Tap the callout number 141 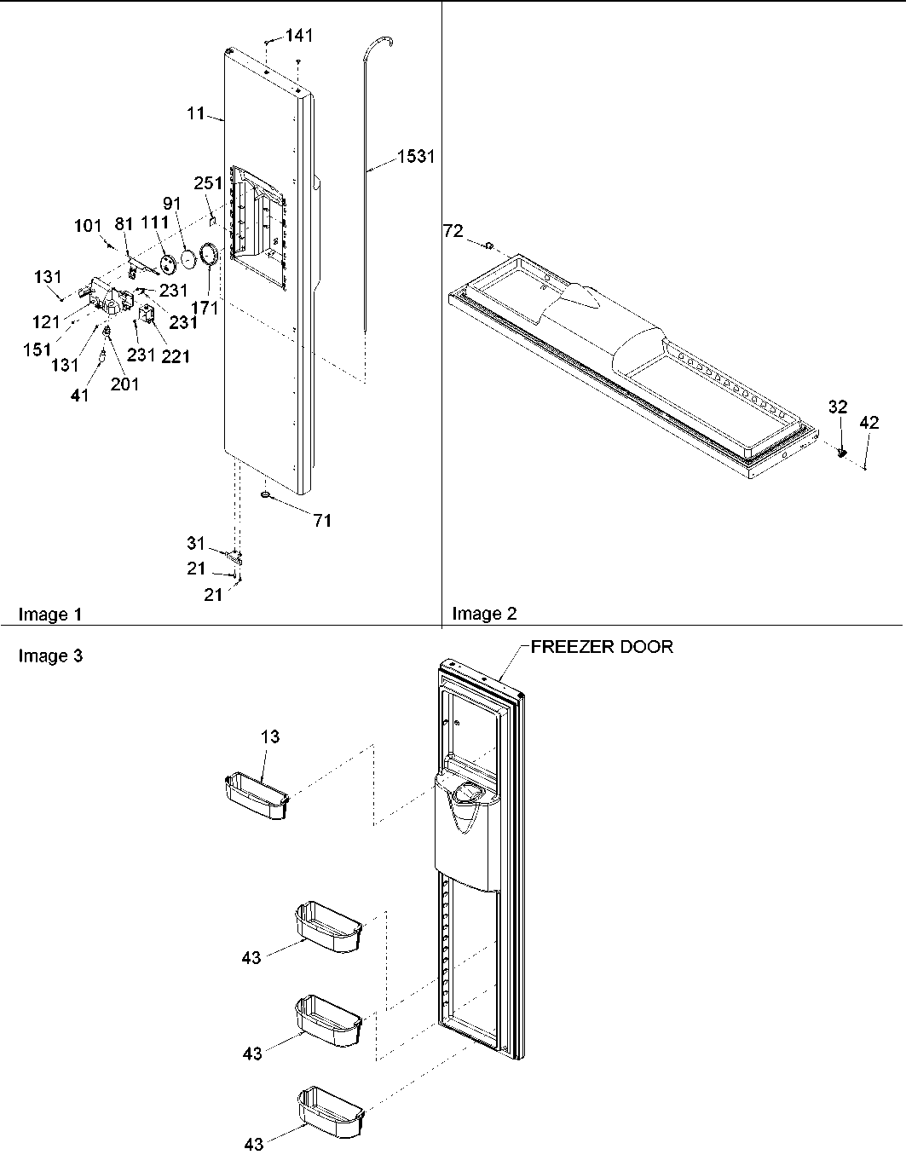(x=299, y=35)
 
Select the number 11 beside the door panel (x=196, y=113)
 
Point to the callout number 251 (x=208, y=183)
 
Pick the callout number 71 (x=321, y=521)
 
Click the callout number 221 (x=176, y=356)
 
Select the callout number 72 (x=454, y=230)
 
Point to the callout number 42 (x=868, y=422)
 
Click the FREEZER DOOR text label (x=602, y=646)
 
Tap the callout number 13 (x=269, y=736)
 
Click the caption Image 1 (x=50, y=614)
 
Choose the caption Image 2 (x=484, y=614)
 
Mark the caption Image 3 (x=50, y=655)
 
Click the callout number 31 (x=196, y=543)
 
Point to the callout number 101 (x=88, y=227)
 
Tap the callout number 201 (x=124, y=384)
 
